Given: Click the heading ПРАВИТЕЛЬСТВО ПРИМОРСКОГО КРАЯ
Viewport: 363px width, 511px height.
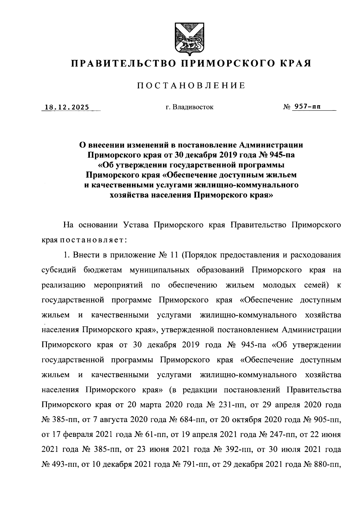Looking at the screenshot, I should point(191,64).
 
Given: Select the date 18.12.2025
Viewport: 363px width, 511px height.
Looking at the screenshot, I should point(67,107).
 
